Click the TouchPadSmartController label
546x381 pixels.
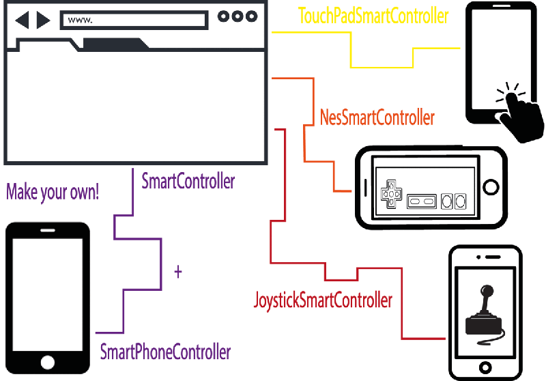[x=373, y=15]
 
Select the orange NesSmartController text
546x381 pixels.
[x=377, y=117]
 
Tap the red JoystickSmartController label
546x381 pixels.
[x=323, y=299]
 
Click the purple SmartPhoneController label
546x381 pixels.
[x=165, y=352]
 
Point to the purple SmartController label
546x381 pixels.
[x=188, y=182]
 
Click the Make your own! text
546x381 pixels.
[x=53, y=192]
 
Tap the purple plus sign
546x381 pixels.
[x=178, y=272]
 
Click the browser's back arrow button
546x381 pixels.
[x=22, y=20]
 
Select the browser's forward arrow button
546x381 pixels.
[x=43, y=20]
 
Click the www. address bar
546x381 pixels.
[x=133, y=20]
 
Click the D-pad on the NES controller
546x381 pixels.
[x=392, y=193]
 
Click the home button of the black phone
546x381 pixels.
[x=47, y=362]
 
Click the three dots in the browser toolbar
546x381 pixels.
[x=238, y=16]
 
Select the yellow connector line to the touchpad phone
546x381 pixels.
[x=382, y=67]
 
